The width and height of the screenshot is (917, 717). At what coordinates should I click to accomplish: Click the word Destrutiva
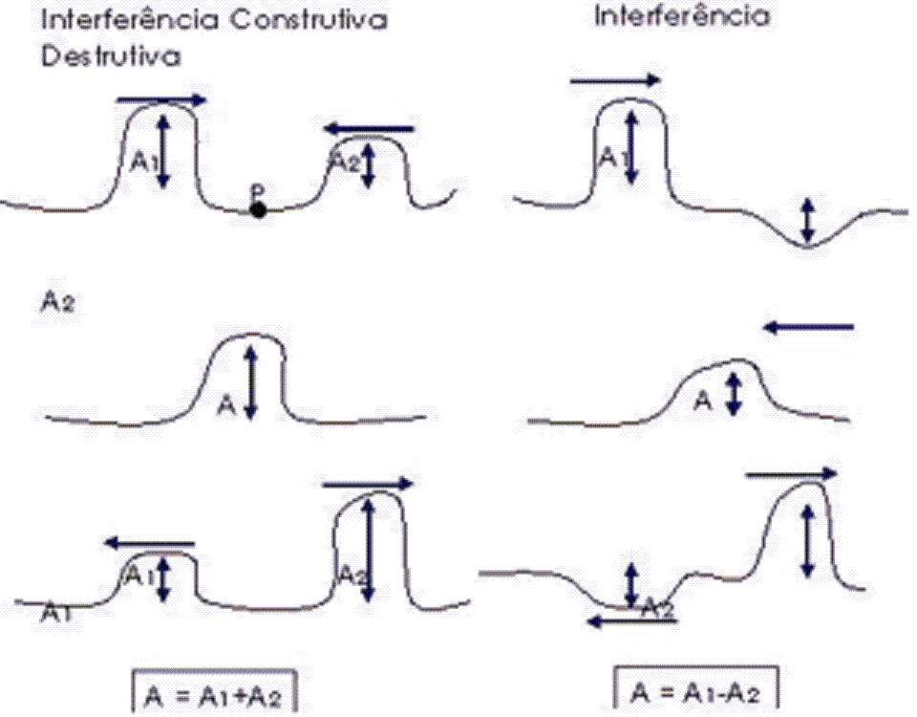[x=111, y=57]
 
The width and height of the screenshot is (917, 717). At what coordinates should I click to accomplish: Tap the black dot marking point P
[x=258, y=209]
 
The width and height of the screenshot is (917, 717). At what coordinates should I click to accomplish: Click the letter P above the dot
[x=257, y=191]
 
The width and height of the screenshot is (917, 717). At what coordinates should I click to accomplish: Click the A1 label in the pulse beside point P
[x=141, y=162]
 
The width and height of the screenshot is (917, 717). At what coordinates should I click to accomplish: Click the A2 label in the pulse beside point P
[x=344, y=162]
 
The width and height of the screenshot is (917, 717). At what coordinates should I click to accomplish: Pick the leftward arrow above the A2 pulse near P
[x=369, y=128]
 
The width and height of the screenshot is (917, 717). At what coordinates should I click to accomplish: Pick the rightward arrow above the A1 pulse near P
[x=160, y=99]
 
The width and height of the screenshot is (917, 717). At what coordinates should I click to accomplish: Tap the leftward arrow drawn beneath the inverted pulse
[x=633, y=620]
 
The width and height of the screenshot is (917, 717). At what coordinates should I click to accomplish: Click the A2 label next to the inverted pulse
[x=658, y=605]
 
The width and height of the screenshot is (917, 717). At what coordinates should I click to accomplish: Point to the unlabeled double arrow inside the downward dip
[x=808, y=219]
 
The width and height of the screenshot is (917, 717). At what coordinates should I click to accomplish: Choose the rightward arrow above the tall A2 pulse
[x=369, y=484]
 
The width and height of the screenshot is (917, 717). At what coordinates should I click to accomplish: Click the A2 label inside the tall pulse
[x=350, y=575]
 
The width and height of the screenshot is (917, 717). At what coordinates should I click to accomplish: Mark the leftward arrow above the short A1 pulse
[x=149, y=543]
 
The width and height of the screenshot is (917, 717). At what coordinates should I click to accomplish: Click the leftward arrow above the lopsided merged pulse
[x=808, y=328]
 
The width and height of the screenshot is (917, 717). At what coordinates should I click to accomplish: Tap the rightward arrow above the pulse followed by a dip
[x=615, y=81]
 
